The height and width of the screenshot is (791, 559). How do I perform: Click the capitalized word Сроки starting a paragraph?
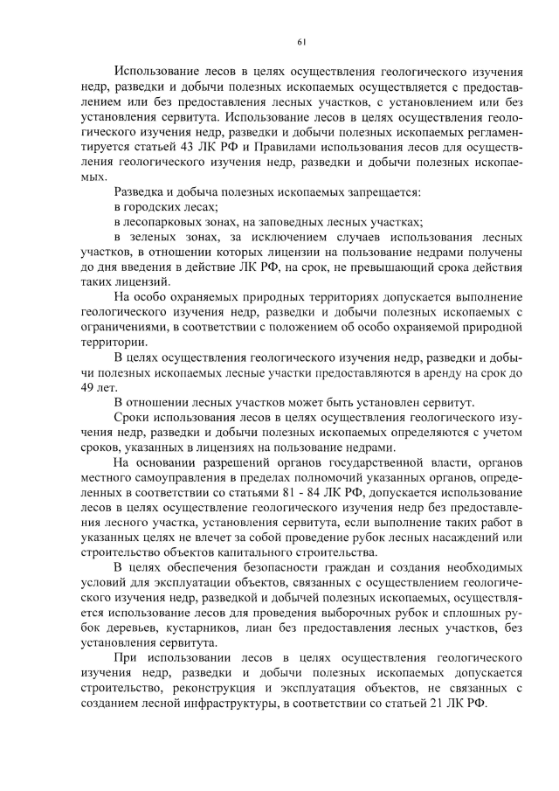[x=132, y=418]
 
